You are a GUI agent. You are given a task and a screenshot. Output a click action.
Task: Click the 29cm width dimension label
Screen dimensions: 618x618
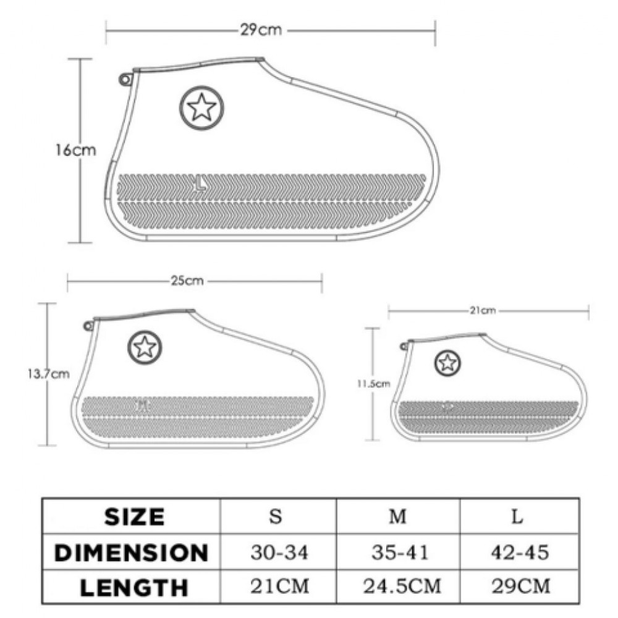[x=261, y=30]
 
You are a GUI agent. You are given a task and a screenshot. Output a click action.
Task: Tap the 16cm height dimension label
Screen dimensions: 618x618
[x=75, y=150]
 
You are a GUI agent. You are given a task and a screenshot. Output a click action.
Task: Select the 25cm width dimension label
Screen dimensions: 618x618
[x=187, y=281]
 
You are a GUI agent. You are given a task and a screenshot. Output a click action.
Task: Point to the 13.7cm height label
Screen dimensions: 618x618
[x=48, y=374]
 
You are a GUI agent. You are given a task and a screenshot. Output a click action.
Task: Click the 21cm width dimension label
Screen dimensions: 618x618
[x=483, y=311]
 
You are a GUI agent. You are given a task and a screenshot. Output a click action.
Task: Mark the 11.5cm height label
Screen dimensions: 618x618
[x=374, y=384]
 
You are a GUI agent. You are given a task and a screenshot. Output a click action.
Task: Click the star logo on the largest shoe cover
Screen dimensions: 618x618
[x=202, y=108]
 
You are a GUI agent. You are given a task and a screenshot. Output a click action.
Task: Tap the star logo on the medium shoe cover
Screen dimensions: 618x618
[x=145, y=347]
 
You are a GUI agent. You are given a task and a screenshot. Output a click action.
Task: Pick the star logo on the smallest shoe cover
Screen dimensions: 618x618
[x=447, y=363]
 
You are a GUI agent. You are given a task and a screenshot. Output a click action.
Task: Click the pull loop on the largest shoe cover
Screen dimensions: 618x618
[x=125, y=80]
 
